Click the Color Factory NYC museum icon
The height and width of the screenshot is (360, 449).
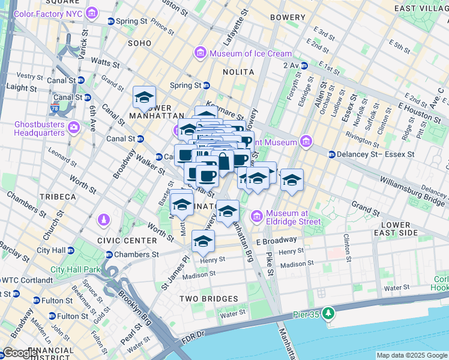pos(92,13)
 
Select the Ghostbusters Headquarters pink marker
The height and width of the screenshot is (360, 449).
pos(74,127)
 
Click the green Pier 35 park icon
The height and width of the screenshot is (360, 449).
pos(328,313)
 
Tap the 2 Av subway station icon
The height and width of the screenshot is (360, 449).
pos(304,65)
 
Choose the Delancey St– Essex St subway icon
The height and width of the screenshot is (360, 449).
pos(331,154)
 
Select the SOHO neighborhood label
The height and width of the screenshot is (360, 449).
pos(139,43)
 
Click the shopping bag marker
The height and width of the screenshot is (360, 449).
pos(223,161)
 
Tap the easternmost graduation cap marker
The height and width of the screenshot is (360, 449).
pos(292,179)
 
